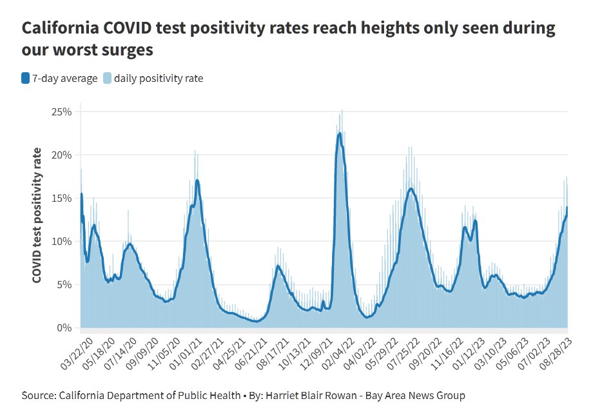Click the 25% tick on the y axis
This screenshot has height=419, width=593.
coord(61,112)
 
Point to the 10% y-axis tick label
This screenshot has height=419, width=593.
coord(61,241)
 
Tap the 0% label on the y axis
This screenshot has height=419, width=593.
coord(64,327)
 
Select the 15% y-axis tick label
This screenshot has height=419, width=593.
coord(61,198)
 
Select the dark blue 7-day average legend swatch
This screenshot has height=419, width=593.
coord(25,79)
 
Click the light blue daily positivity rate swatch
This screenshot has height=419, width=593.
coord(107,79)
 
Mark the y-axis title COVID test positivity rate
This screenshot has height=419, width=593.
coord(38,215)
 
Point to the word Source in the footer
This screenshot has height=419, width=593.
coord(39,395)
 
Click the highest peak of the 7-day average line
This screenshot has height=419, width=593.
coord(340,133)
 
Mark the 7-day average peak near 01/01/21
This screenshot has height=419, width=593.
coord(197,180)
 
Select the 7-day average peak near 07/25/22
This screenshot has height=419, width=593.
coord(411,188)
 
